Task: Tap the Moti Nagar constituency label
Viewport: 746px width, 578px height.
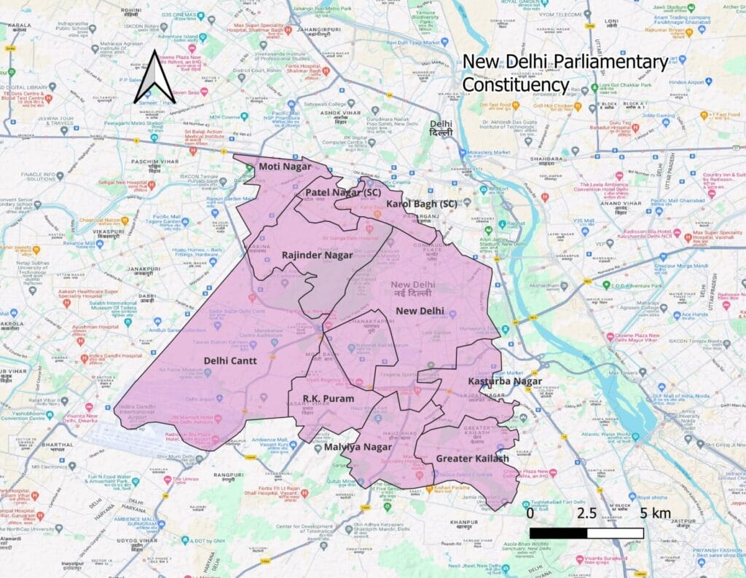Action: (280, 167)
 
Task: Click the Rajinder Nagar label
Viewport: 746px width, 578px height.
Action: (317, 256)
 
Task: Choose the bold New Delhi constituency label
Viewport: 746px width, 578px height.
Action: (420, 311)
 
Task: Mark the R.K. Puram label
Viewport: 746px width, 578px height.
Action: (329, 399)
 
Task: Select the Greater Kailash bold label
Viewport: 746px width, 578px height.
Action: (472, 458)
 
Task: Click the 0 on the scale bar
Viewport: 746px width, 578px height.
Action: (530, 513)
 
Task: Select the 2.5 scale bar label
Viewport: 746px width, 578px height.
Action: (586, 513)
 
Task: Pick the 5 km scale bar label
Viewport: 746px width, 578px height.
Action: (656, 513)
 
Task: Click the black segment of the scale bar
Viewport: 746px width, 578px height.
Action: (558, 533)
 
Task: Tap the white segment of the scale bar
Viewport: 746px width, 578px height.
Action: (615, 533)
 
